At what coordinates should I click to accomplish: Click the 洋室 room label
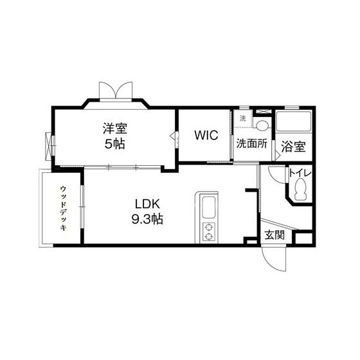click(x=115, y=128)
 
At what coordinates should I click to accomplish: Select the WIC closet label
click(x=206, y=136)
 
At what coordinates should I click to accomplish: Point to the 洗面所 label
click(x=251, y=144)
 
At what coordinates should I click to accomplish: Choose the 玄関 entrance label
click(x=274, y=235)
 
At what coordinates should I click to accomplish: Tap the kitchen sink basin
click(x=210, y=208)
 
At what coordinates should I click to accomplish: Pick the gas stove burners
click(x=210, y=231)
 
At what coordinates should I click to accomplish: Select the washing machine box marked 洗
click(x=242, y=119)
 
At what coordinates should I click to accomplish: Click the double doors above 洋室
click(x=116, y=90)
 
